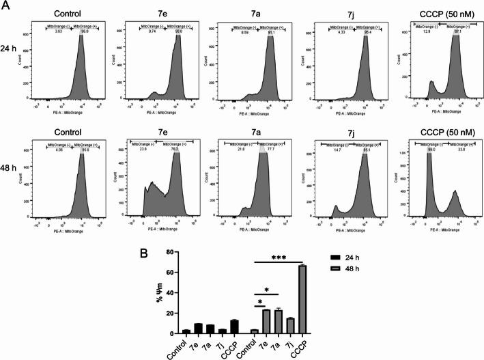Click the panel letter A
coord(5,5)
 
